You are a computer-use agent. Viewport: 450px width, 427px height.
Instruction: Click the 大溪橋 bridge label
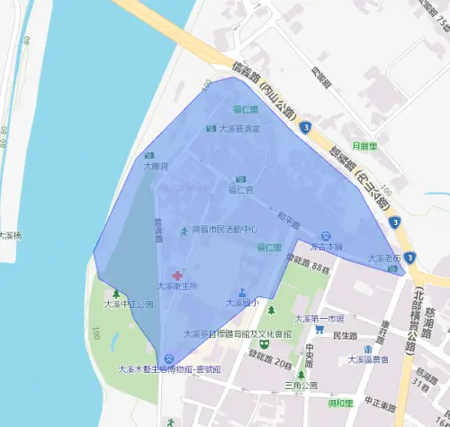[11, 235]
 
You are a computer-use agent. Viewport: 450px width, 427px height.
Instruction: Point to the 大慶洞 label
[155, 167]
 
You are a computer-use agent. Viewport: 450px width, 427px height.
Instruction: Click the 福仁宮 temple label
[240, 190]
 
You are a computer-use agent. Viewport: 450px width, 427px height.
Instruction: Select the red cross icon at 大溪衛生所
[177, 275]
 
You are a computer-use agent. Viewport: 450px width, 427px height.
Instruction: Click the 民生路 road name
[346, 335]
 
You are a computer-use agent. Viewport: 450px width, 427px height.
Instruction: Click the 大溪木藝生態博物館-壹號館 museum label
[169, 369]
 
